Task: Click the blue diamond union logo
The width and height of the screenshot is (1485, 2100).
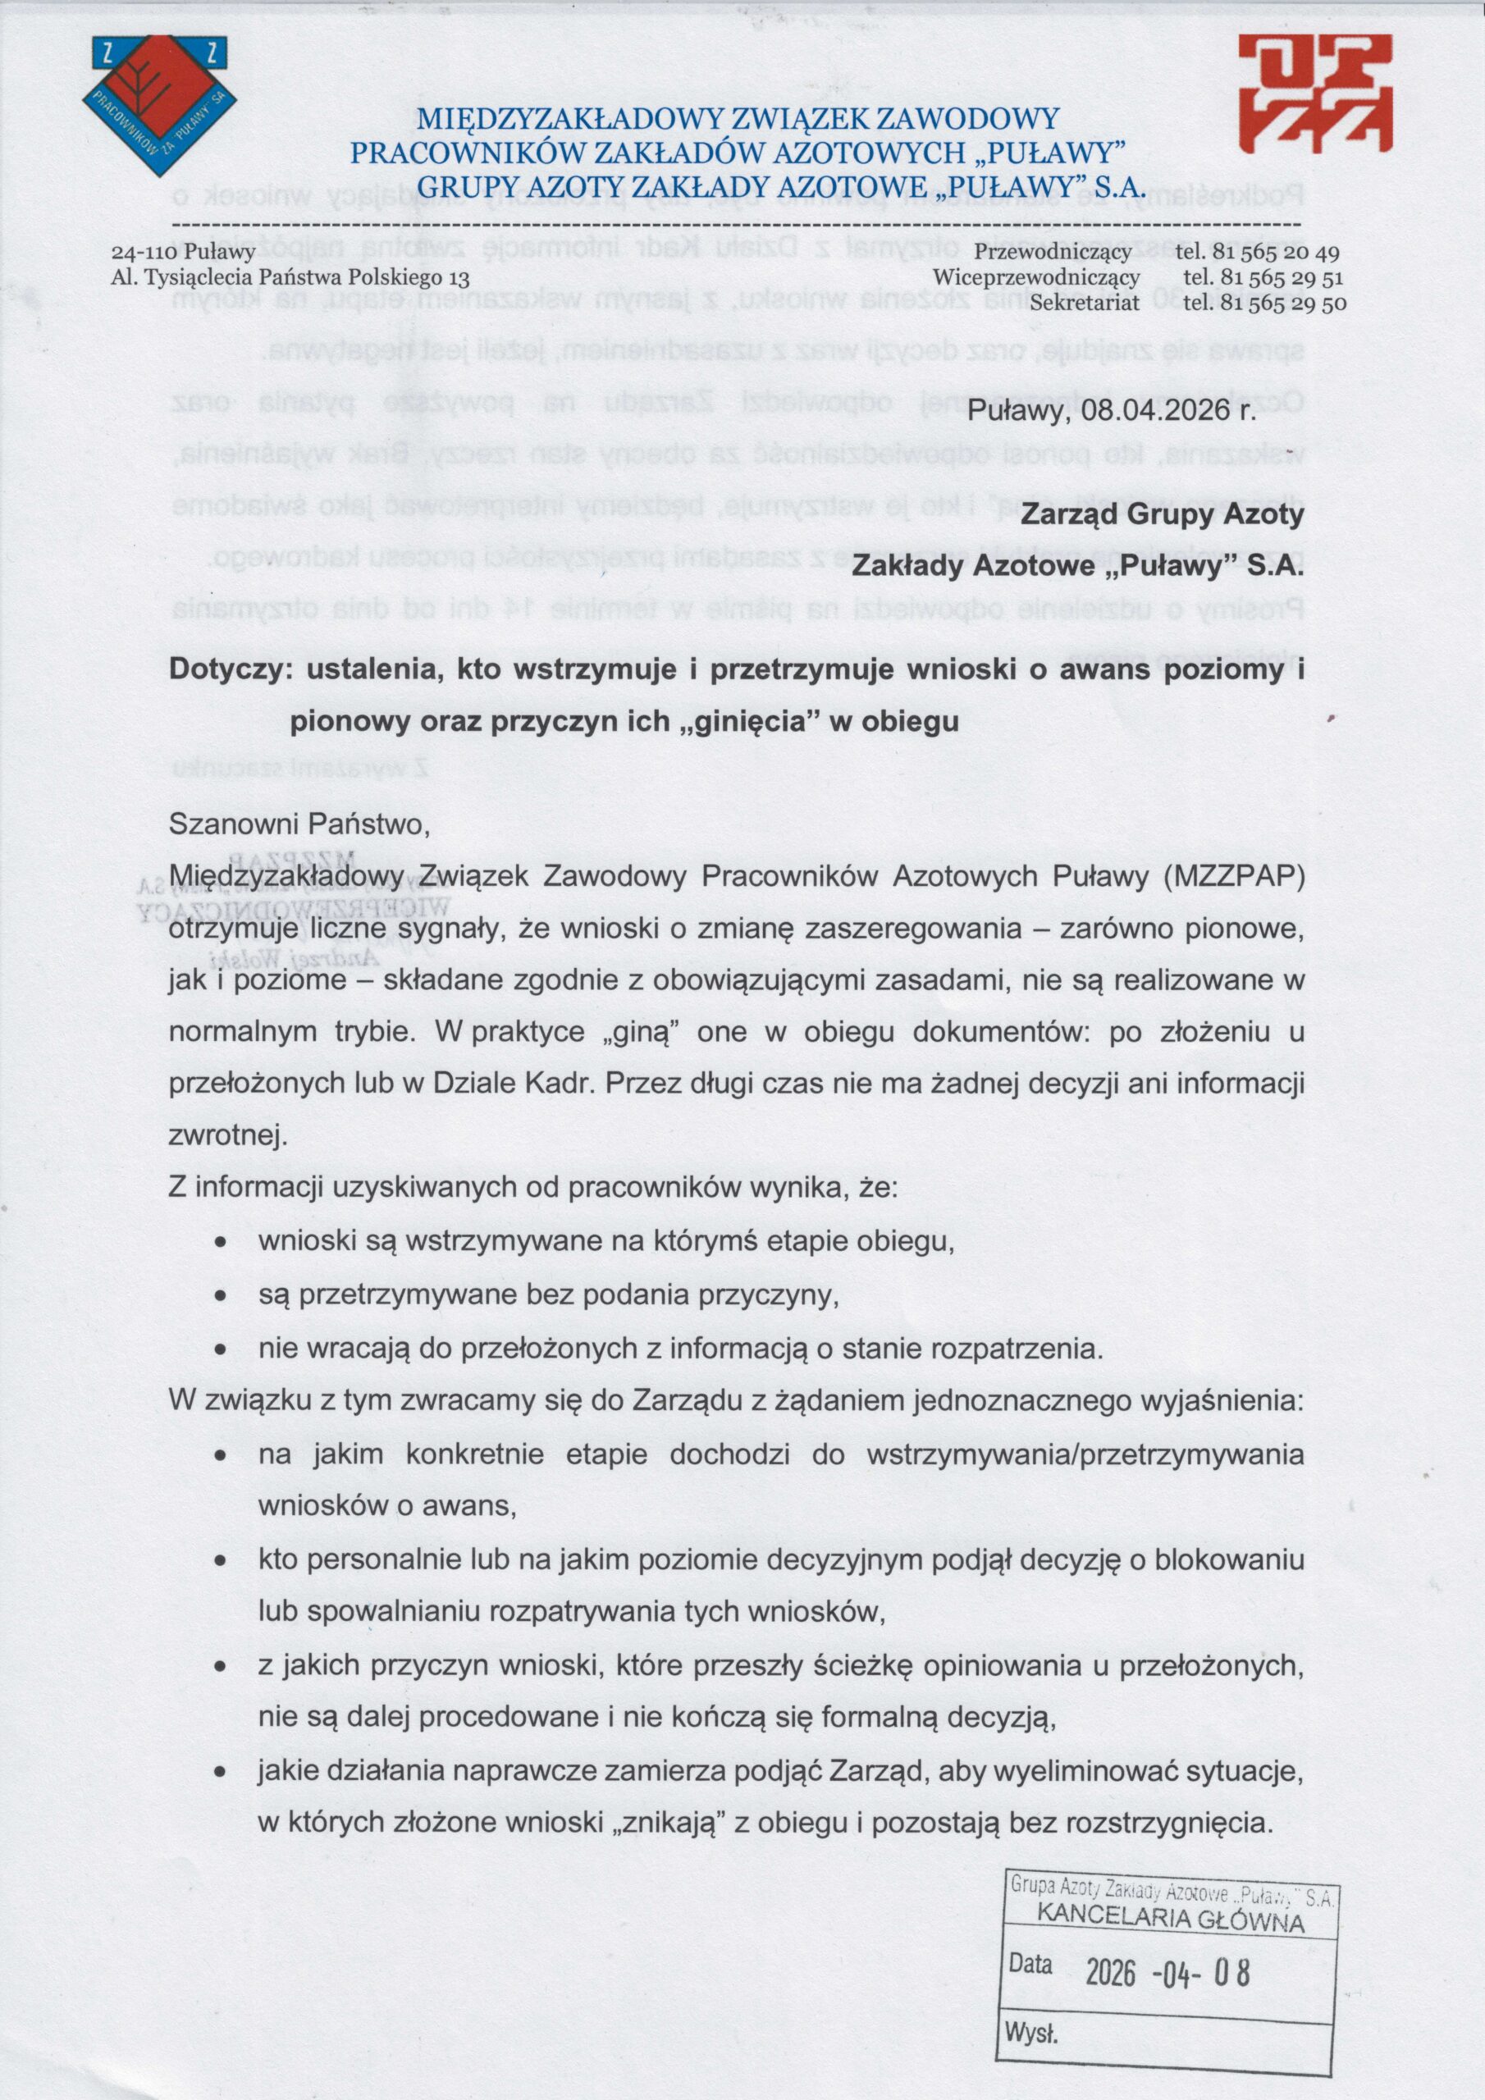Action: [x=160, y=104]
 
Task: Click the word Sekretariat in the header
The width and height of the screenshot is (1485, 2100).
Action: [x=1085, y=303]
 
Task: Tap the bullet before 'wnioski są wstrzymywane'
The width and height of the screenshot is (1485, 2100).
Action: [x=221, y=1243]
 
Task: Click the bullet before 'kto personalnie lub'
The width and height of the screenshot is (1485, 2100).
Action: [x=221, y=1560]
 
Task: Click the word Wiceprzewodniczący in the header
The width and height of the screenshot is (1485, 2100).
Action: [x=1035, y=277]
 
